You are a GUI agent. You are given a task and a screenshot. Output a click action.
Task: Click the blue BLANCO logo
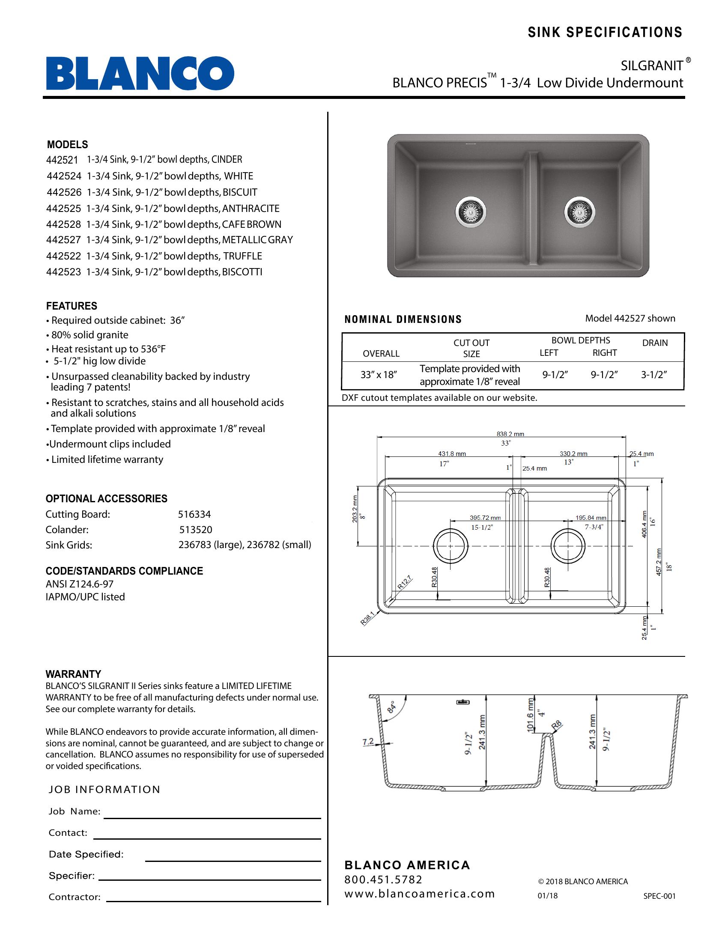(140, 73)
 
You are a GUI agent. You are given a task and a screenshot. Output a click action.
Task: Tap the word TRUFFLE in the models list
(242, 256)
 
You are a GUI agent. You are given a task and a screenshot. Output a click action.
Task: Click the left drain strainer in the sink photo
(471, 212)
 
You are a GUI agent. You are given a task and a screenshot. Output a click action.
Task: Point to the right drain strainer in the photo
(580, 212)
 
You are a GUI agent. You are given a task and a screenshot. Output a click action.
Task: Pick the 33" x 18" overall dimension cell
(378, 375)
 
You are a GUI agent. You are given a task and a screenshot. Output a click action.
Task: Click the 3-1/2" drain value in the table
(654, 375)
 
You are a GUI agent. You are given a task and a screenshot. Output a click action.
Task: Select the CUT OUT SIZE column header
(471, 348)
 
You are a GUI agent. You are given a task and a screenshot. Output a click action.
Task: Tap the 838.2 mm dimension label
(510, 434)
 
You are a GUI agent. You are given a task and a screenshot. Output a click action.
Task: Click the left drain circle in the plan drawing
(450, 546)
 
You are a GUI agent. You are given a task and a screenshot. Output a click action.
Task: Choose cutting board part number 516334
(194, 514)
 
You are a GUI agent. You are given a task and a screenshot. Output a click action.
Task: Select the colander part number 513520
(195, 530)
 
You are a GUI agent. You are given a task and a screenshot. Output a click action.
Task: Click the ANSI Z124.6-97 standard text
(79, 584)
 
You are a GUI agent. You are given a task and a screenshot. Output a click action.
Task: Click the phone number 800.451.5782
(383, 879)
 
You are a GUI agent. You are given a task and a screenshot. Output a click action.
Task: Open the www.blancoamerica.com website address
(419, 894)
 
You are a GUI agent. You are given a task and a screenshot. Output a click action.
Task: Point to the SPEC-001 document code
(659, 896)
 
